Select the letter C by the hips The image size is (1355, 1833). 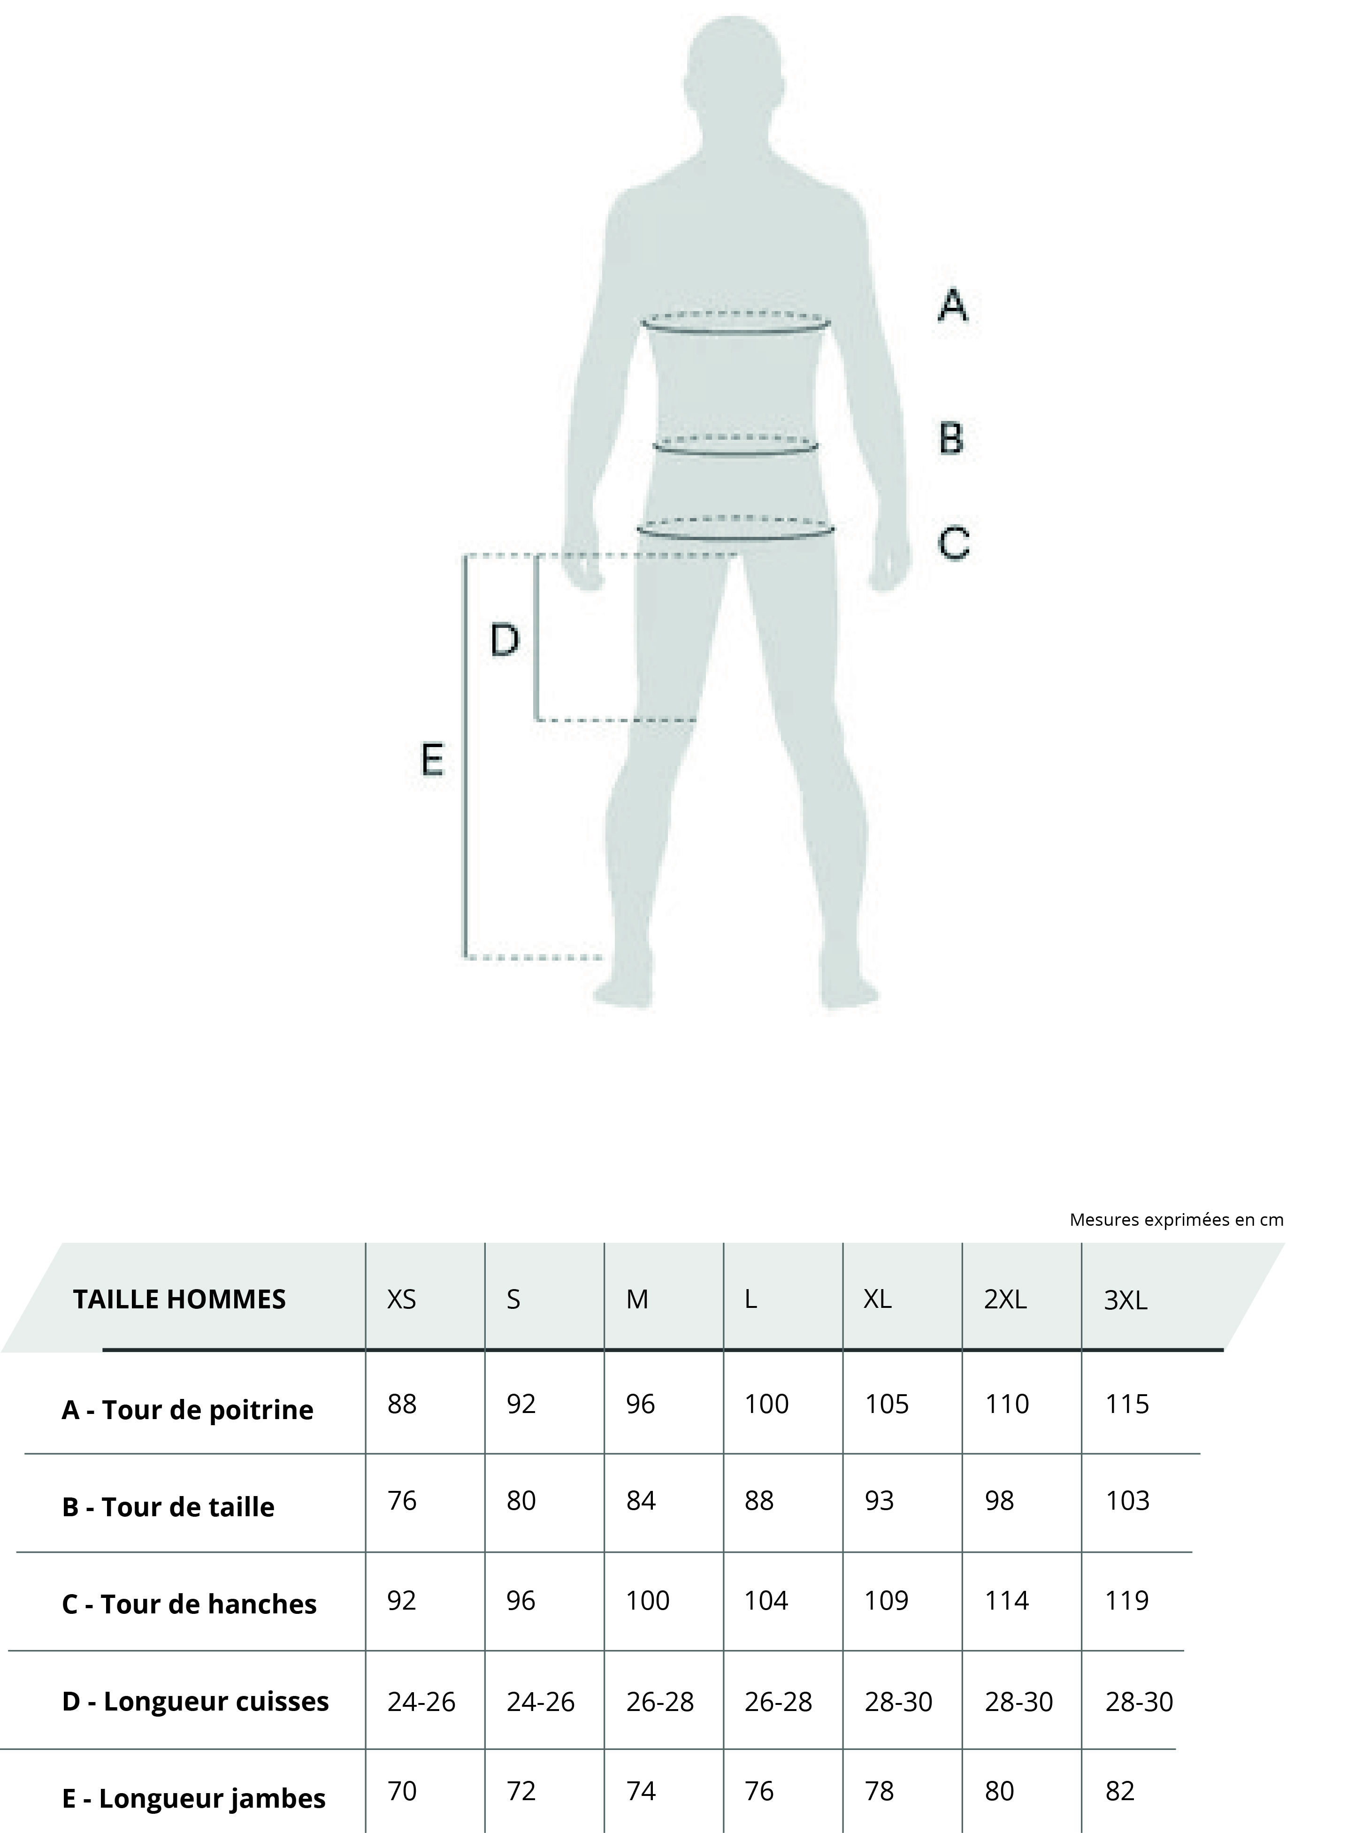954,543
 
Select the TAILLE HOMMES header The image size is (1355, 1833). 180,1299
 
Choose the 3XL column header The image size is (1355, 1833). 1125,1300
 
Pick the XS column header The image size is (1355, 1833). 402,1299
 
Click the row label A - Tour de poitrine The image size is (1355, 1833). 188,1410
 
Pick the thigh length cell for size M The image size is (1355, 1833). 660,1702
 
